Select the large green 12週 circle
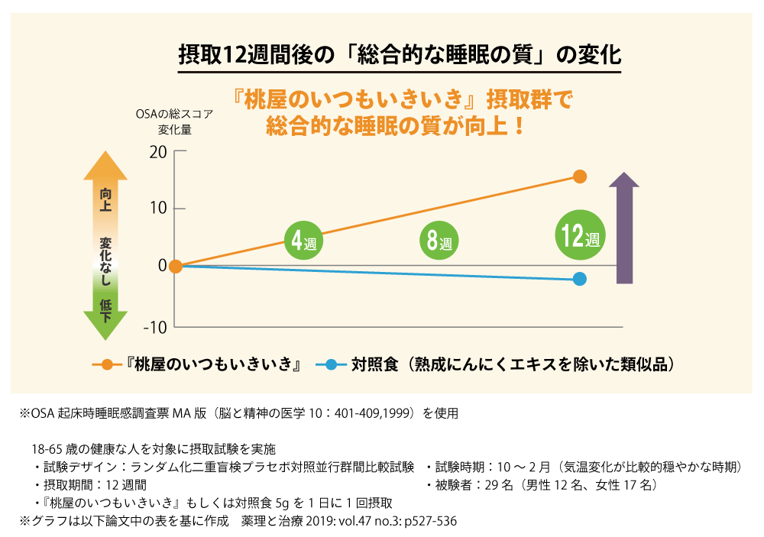(579, 235)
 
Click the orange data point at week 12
(580, 177)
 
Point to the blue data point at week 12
(580, 279)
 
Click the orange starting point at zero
(175, 266)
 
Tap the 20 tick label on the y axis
(157, 151)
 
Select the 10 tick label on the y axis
(157, 209)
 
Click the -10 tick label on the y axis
(155, 326)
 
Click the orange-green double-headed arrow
(105, 244)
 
